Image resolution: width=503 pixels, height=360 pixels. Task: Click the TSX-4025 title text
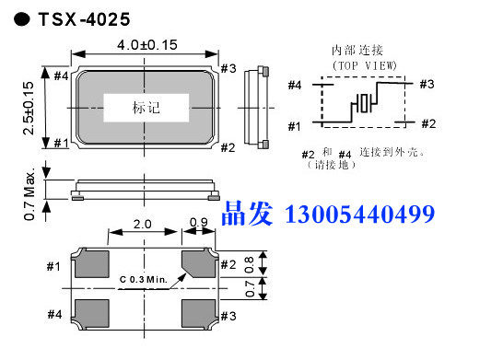click(x=84, y=19)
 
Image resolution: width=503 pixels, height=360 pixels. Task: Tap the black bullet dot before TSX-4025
click(x=22, y=19)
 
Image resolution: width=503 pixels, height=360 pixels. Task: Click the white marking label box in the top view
click(x=146, y=108)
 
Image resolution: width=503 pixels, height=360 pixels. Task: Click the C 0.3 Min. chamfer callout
click(x=144, y=280)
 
